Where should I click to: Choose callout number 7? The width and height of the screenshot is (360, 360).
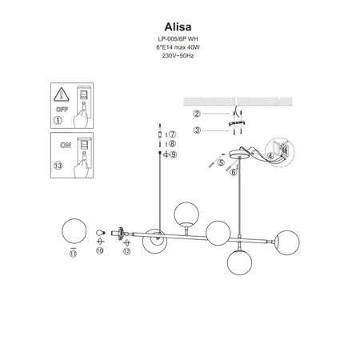[172, 134]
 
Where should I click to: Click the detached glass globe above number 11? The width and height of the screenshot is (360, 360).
[74, 233]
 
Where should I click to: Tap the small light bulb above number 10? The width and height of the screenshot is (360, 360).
[100, 234]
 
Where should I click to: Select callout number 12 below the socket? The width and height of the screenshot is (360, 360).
[126, 251]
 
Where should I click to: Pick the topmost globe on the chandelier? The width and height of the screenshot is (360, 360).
[186, 214]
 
